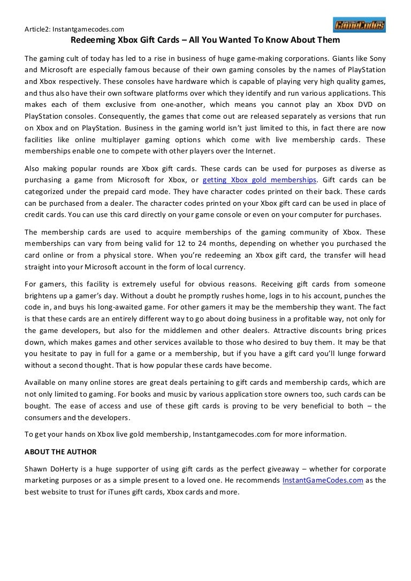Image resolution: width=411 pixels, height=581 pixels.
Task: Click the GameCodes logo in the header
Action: tap(359, 25)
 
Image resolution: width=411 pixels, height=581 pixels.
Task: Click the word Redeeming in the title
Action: tap(92, 40)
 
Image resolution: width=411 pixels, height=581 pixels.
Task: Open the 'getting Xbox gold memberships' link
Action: tap(260, 180)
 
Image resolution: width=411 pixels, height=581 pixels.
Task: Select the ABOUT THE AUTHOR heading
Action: tap(60, 452)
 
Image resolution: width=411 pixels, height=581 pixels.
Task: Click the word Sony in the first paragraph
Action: tap(377, 58)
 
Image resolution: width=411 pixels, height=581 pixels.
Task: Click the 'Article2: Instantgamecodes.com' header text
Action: tap(74, 29)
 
